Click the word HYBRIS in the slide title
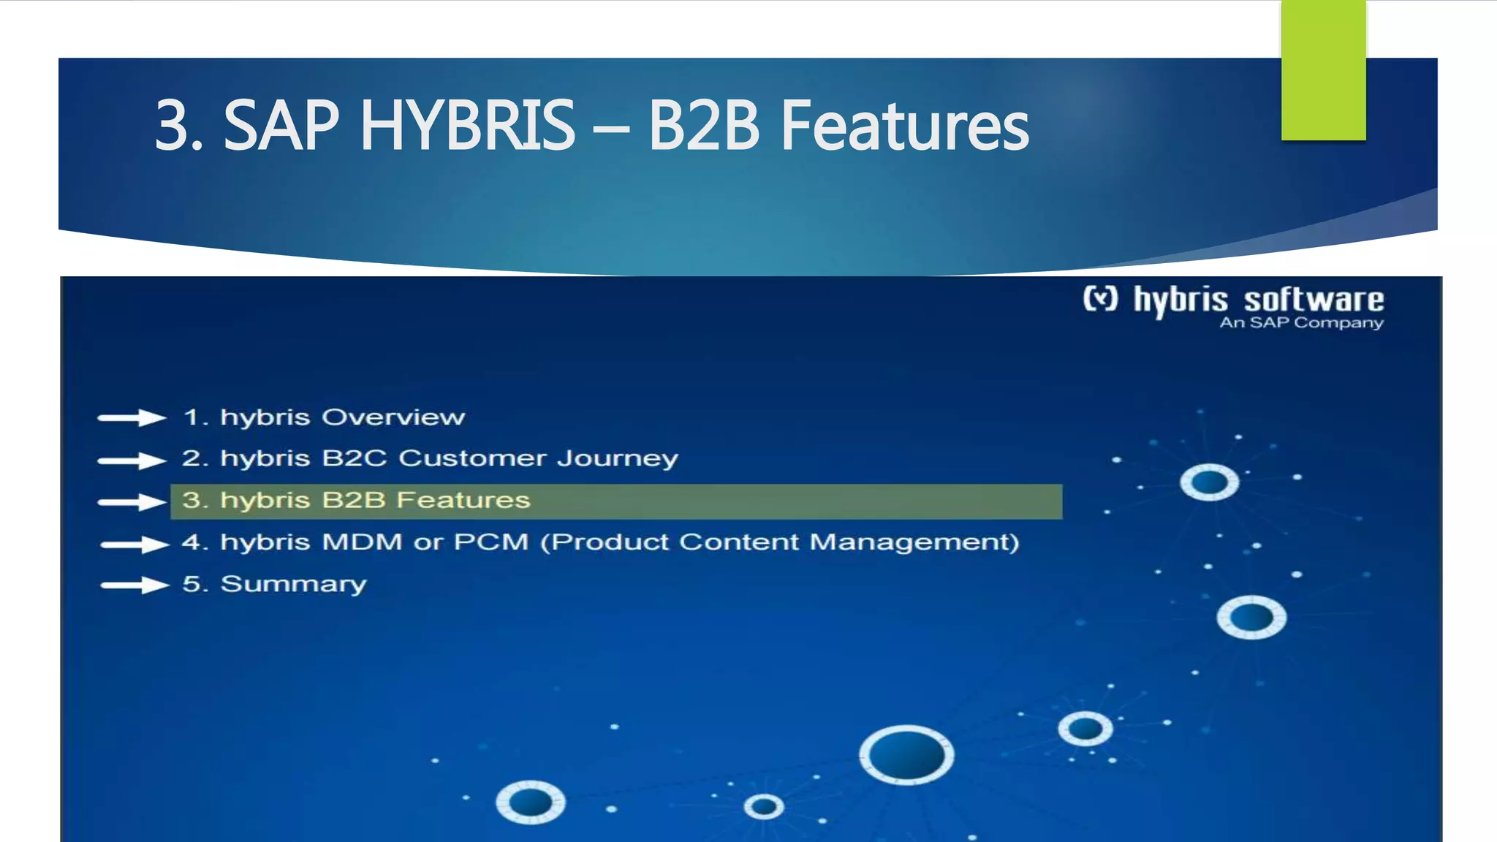point(468,126)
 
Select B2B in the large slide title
point(704,126)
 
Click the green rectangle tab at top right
point(1323,69)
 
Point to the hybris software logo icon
point(1100,299)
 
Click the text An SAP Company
point(1301,322)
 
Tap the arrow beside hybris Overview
point(132,417)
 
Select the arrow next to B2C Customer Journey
point(132,460)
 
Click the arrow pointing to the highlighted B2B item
point(132,502)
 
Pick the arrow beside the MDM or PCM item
point(134,545)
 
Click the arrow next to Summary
point(134,585)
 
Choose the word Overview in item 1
point(393,417)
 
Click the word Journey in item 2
point(618,459)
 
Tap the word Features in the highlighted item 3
point(463,500)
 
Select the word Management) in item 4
point(914,542)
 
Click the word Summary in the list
point(293,584)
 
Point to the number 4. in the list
point(195,542)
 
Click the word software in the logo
point(1314,300)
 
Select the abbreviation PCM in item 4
point(490,542)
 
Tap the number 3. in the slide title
point(178,126)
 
